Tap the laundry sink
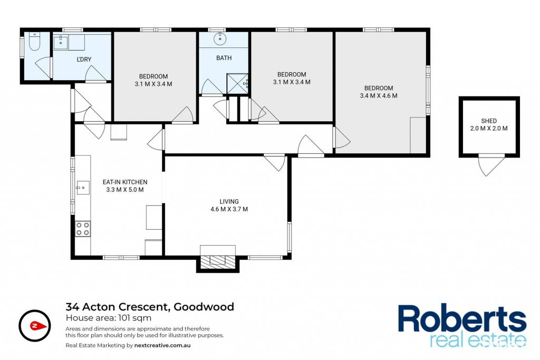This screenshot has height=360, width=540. point(61,42)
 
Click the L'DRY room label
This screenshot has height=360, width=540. point(84,59)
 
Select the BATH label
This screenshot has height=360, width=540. point(224,58)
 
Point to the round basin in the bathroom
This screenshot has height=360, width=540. point(219,39)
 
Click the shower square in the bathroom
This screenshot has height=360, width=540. point(237,83)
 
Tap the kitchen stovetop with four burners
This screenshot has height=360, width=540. point(83,229)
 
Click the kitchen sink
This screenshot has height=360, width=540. point(83,188)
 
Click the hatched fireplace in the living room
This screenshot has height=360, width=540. point(218,262)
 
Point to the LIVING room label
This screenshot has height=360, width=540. point(229,202)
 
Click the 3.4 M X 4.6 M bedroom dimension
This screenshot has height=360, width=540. point(379,96)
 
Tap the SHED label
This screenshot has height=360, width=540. point(489,121)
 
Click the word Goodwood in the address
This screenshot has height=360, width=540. point(204,307)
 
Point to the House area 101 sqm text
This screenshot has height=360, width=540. point(109,318)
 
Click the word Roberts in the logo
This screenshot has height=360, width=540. point(462,319)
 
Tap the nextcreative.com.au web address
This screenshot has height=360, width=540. point(162,345)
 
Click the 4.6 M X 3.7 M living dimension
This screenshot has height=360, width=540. point(229,209)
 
